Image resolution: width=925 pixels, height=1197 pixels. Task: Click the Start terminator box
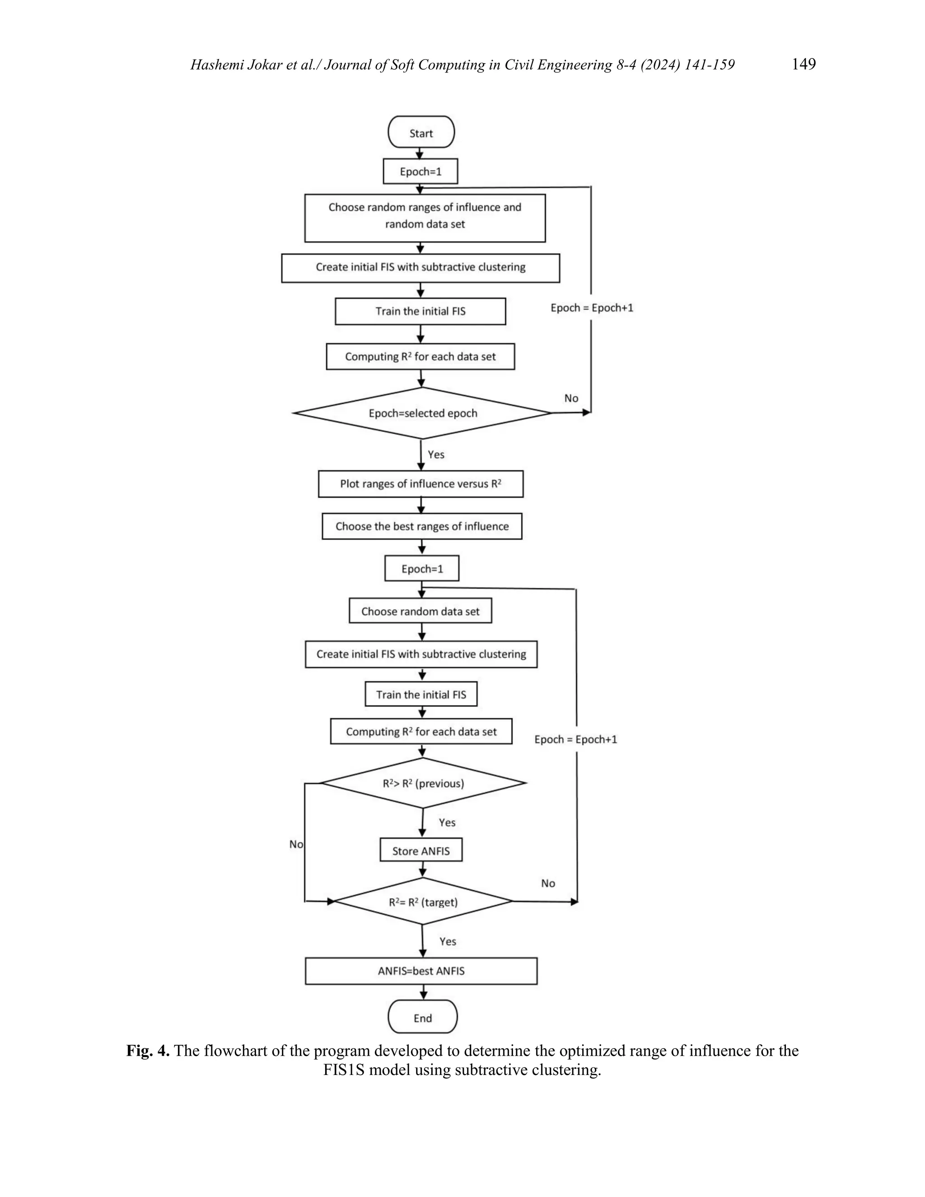click(x=421, y=133)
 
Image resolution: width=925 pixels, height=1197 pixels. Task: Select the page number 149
click(x=804, y=64)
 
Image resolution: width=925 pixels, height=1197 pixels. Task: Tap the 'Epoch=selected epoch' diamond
click(x=422, y=413)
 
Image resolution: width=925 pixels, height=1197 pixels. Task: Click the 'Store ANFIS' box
click(x=421, y=851)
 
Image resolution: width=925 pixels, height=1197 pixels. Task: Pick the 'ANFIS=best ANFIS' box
click(x=421, y=971)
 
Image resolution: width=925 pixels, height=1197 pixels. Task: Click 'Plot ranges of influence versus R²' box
click(x=420, y=484)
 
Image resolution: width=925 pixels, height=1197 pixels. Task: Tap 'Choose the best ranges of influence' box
click(x=422, y=526)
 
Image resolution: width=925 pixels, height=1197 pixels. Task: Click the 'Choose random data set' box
click(x=420, y=611)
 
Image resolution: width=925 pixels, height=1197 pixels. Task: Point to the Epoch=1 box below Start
click(x=420, y=172)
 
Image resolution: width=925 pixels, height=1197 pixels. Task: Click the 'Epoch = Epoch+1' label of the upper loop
click(x=592, y=308)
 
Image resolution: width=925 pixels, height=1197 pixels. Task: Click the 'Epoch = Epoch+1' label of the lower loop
click(x=575, y=739)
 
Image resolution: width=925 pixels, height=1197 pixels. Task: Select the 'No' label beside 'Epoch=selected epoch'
click(x=571, y=398)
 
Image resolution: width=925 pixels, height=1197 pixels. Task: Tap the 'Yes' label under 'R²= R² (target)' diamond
click(x=447, y=941)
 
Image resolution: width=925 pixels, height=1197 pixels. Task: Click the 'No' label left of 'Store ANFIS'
click(x=296, y=844)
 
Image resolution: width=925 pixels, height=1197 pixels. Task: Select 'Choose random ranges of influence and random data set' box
click(x=425, y=218)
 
